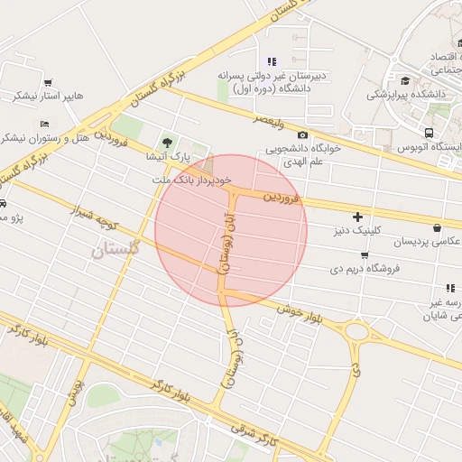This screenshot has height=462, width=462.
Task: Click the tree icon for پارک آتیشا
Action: coord(166,142)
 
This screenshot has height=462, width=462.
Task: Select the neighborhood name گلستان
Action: coord(116,249)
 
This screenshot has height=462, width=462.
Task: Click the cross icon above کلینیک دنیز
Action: coord(358,217)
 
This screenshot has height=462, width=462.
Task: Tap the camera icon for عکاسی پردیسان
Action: coord(438,228)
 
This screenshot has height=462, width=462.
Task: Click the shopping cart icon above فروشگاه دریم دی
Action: coord(364,255)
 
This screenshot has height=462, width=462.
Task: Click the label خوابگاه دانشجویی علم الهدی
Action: coord(301,156)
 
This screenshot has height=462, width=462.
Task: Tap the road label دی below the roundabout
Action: coord(356,369)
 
